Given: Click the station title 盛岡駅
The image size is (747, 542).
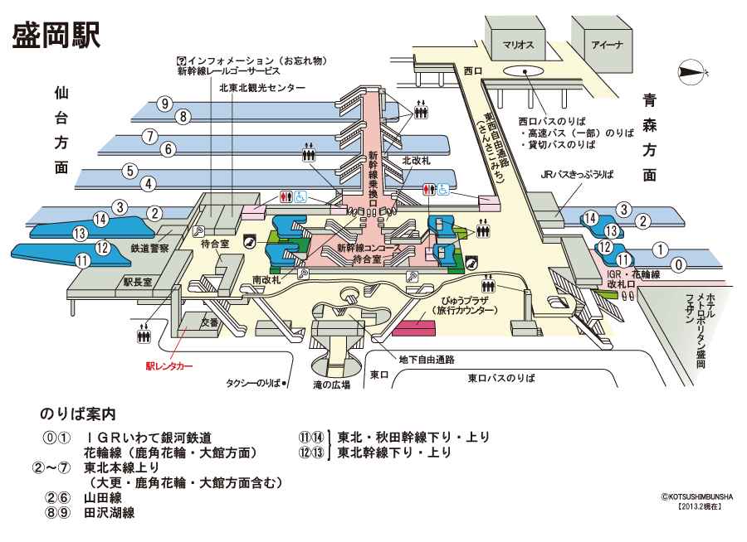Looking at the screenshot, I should click(56, 35).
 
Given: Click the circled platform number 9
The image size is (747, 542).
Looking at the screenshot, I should click(166, 104).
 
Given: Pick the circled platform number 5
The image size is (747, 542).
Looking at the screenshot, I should click(129, 172).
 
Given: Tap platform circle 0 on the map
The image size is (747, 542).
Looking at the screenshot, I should click(680, 265).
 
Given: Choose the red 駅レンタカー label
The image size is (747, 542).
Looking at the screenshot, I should click(169, 365).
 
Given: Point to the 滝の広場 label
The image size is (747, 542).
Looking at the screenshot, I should click(332, 384).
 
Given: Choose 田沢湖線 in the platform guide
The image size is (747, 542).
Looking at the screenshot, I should click(109, 513).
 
